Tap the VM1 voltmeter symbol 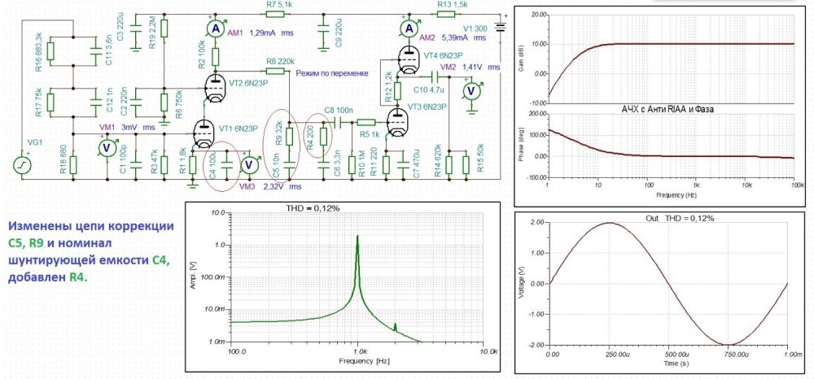[x=105, y=147]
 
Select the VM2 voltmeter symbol [x=469, y=90]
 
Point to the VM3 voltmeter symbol [x=252, y=165]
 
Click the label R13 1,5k [x=453, y=6]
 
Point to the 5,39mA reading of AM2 [x=454, y=37]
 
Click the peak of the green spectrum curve [x=357, y=237]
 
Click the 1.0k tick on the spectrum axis [x=357, y=353]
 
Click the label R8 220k [x=281, y=62]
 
